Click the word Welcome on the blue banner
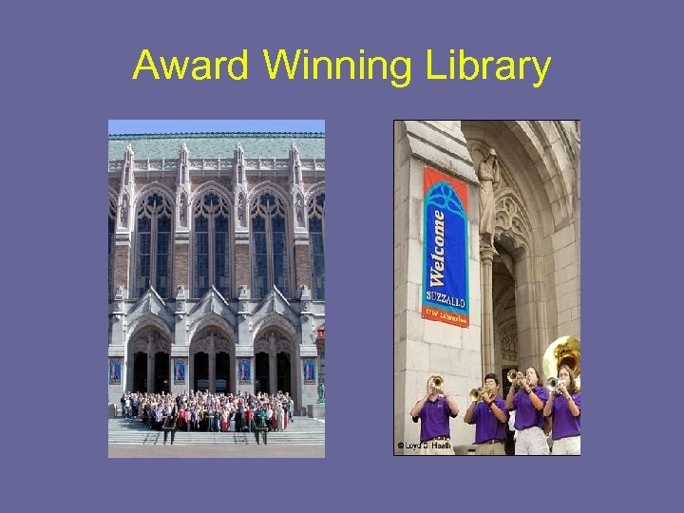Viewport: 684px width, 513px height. (439, 247)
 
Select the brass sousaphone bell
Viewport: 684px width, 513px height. (561, 355)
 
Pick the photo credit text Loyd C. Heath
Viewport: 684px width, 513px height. (425, 445)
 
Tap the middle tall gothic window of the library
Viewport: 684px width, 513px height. (214, 242)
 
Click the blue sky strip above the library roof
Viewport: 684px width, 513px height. (216, 125)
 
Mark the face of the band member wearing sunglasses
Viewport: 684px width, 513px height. (490, 387)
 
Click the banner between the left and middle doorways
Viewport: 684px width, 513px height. (180, 370)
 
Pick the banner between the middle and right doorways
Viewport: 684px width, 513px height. (243, 370)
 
